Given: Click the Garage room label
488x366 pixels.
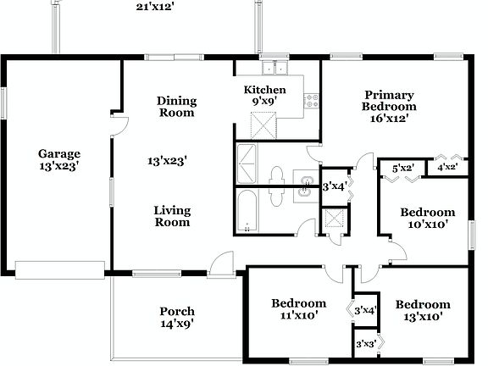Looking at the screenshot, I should point(59,154).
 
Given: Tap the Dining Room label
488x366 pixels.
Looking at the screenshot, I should point(176,106).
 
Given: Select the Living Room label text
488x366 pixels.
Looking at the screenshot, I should point(172,216).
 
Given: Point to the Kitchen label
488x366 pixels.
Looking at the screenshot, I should point(264,90).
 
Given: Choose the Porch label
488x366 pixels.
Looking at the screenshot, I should point(177,312).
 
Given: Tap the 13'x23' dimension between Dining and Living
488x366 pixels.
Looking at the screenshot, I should point(167,159).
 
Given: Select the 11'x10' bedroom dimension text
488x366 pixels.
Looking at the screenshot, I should point(298,316).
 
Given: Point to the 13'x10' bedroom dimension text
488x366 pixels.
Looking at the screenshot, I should point(422,317).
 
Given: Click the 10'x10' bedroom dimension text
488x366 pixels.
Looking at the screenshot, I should point(427,225).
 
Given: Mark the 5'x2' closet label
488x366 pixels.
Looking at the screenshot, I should point(402,169).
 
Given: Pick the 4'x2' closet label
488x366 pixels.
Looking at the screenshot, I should point(447,168).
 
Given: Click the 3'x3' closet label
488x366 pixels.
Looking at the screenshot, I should point(365,344).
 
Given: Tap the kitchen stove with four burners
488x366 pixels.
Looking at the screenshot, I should point(311,100).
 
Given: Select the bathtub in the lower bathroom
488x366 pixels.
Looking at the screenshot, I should point(248,211).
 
